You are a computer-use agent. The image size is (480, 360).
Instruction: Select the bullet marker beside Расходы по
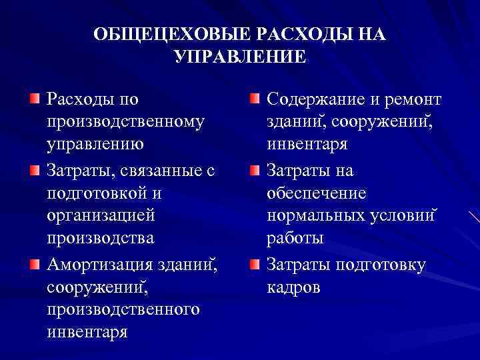34,100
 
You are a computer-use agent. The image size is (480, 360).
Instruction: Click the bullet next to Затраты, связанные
34,172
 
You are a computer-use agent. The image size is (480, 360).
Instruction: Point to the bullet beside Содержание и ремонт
255,100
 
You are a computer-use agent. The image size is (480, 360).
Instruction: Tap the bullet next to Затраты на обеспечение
255,172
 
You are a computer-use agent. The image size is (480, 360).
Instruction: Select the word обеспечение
316,194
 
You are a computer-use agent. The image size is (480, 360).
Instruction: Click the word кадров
293,287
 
